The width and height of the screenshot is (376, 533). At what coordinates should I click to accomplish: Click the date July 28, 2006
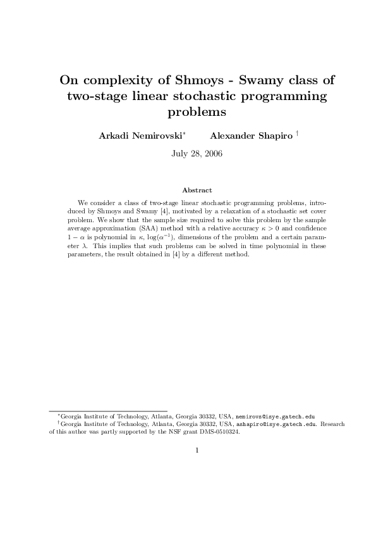[x=197, y=153]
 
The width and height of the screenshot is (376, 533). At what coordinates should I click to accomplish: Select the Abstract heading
[x=197, y=190]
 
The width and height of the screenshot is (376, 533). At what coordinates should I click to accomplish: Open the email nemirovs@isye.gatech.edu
[x=275, y=418]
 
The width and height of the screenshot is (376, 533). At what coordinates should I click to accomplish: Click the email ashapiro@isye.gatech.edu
[x=276, y=425]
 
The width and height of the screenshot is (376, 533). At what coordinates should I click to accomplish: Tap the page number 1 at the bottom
[x=197, y=451]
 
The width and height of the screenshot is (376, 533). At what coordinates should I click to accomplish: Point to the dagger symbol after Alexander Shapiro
[x=297, y=134]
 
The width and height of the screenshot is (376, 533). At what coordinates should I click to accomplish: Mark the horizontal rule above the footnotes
[x=108, y=411]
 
